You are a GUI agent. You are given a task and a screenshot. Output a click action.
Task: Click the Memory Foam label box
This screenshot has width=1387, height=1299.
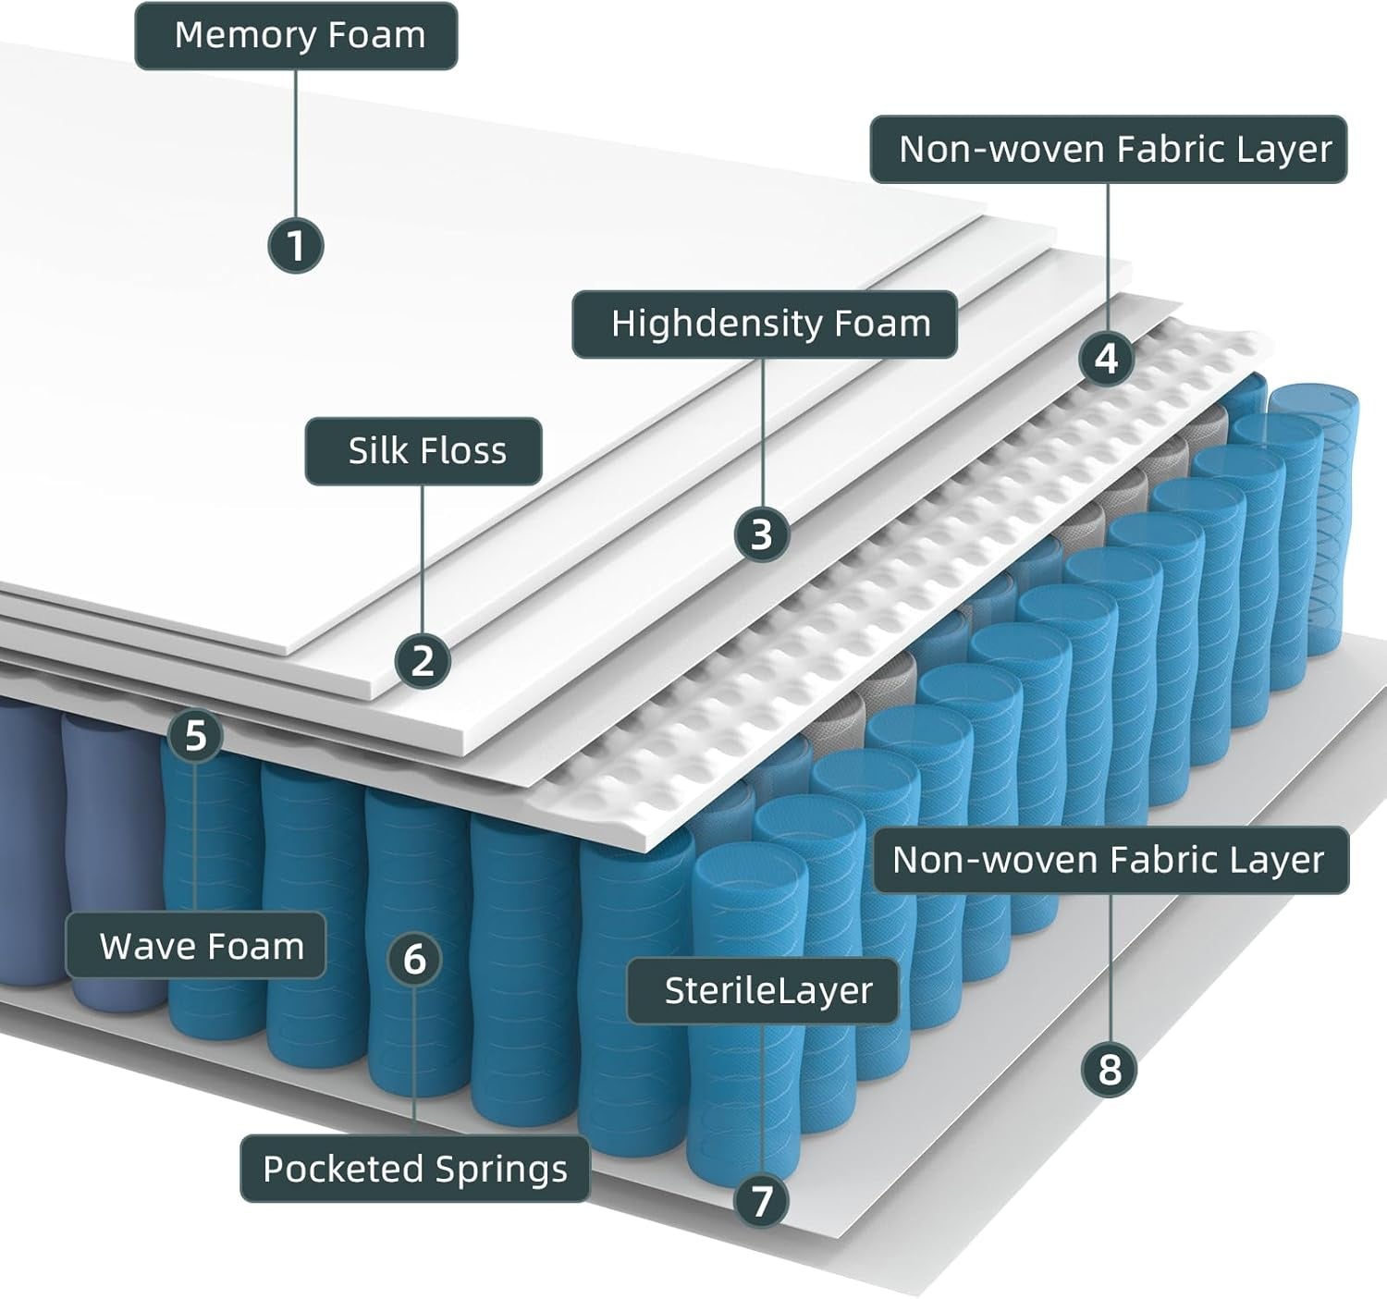pyautogui.click(x=296, y=36)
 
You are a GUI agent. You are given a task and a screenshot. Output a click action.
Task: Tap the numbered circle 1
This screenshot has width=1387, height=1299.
pyautogui.click(x=295, y=246)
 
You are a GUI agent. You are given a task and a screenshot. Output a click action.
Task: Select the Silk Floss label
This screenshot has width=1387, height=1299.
pyautogui.click(x=423, y=451)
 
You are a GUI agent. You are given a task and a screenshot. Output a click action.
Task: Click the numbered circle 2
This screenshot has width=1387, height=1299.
pyautogui.click(x=423, y=661)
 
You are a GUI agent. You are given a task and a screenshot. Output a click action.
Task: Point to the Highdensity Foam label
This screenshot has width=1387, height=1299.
pyautogui.click(x=764, y=325)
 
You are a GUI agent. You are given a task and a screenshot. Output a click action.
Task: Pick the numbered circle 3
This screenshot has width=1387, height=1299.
pyautogui.click(x=761, y=534)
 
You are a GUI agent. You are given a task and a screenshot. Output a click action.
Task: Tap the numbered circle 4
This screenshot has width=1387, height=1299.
pyautogui.click(x=1107, y=358)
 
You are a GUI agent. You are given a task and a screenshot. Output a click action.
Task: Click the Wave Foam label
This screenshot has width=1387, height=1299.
pyautogui.click(x=196, y=946)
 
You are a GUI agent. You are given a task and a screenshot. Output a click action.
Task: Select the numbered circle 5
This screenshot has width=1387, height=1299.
pyautogui.click(x=195, y=736)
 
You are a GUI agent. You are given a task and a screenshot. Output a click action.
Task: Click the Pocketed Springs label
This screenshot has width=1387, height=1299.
pyautogui.click(x=414, y=1169)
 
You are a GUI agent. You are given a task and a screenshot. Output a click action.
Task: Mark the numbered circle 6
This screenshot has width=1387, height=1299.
pyautogui.click(x=413, y=959)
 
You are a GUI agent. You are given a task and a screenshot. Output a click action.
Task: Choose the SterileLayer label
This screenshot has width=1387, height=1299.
pyautogui.click(x=763, y=990)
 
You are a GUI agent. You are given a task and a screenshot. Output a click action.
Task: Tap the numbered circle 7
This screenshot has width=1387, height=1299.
pyautogui.click(x=761, y=1201)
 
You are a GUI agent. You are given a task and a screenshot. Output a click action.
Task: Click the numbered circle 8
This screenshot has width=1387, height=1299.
pyautogui.click(x=1109, y=1070)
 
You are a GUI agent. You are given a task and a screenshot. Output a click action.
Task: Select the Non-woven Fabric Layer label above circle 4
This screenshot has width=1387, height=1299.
pyautogui.click(x=1109, y=149)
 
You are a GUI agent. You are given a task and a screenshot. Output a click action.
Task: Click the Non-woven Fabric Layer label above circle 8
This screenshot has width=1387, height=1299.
pyautogui.click(x=1111, y=860)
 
